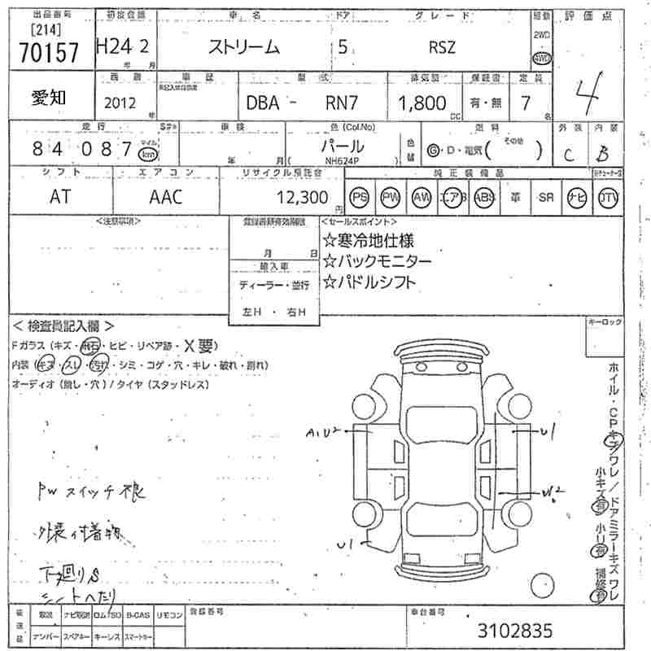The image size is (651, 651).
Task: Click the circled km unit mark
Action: click(x=147, y=153)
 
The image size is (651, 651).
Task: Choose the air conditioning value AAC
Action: click(x=166, y=197)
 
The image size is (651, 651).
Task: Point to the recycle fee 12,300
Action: click(x=303, y=197)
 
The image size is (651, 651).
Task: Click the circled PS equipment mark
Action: click(x=360, y=197)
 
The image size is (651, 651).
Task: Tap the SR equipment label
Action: click(x=545, y=197)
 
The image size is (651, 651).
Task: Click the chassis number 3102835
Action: click(x=514, y=631)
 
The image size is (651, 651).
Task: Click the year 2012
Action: click(x=120, y=103)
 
